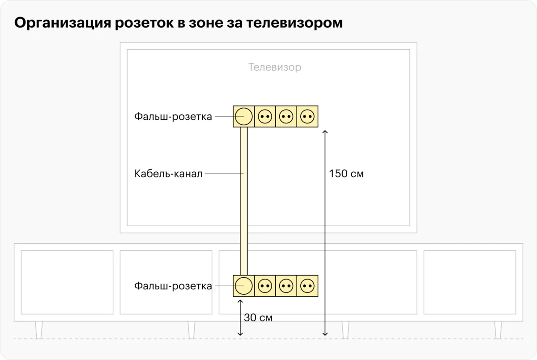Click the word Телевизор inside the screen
[x=275, y=68]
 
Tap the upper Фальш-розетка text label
[x=173, y=117]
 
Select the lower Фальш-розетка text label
[x=173, y=286]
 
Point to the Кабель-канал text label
[x=168, y=174]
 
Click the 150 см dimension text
[x=346, y=174]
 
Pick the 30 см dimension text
[x=258, y=318]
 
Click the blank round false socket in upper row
[x=243, y=116]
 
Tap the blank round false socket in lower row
[x=243, y=286]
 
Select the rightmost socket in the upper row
[x=307, y=116]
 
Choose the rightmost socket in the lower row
[x=307, y=286]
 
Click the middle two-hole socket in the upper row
[x=286, y=116]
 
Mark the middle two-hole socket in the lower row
[x=286, y=286]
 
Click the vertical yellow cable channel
[x=243, y=201]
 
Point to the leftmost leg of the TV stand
[x=39, y=330]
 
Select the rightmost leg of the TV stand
[x=498, y=330]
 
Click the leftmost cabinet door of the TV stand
[x=67, y=282]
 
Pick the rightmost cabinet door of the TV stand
[x=469, y=282]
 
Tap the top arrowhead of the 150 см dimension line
[x=325, y=131]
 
